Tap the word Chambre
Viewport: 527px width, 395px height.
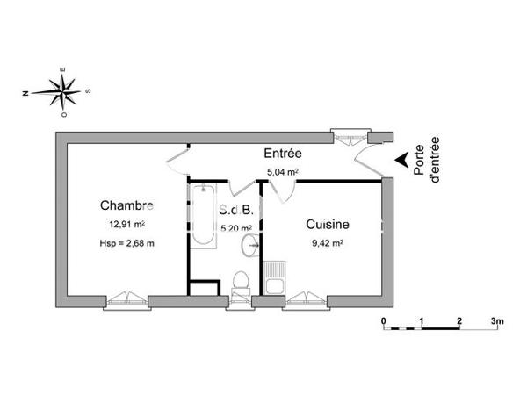click(x=126, y=206)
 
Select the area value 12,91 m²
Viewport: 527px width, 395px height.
click(x=126, y=225)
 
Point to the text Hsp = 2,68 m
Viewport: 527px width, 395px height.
click(x=126, y=243)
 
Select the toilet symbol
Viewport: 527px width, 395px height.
click(x=239, y=281)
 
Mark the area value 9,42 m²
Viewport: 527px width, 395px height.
click(x=327, y=243)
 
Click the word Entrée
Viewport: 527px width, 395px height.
click(x=283, y=154)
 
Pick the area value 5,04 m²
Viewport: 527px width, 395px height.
click(x=283, y=173)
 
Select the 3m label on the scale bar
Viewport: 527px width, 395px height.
click(x=496, y=320)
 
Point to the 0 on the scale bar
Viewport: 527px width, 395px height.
click(x=384, y=320)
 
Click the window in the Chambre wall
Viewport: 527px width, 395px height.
click(x=126, y=300)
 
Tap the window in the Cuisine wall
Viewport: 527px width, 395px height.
click(x=306, y=300)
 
